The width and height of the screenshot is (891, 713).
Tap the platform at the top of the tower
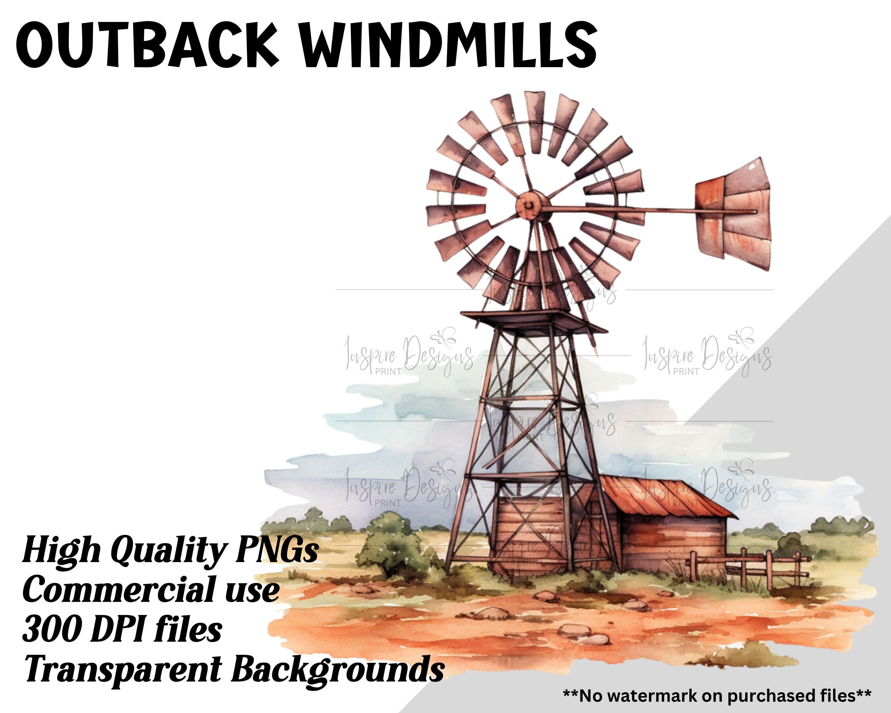(x=533, y=320)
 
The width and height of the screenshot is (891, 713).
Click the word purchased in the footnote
(x=767, y=696)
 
